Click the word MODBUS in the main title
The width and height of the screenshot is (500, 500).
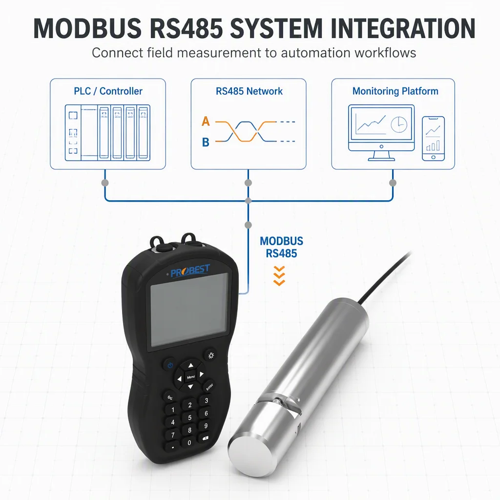pos(87,28)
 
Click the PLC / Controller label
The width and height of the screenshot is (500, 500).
pos(108,91)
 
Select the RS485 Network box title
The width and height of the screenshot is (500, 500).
pos(249,91)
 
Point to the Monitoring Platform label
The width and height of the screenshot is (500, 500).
pos(395,91)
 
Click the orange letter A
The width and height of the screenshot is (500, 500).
pos(206,121)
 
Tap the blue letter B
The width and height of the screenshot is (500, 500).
pos(206,142)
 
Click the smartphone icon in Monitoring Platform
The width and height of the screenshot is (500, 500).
pos(433,138)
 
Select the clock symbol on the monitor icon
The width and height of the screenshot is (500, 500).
pos(399,125)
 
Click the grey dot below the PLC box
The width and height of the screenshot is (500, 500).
pos(105,183)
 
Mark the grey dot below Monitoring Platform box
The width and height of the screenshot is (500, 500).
pos(393,183)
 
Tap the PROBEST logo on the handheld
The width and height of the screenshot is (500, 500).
pos(190,271)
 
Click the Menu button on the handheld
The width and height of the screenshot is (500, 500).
pos(191,377)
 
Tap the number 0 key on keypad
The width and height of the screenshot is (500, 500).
pos(189,442)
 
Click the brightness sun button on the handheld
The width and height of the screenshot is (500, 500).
pos(211,355)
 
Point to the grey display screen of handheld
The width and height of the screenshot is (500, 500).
pos(189,309)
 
